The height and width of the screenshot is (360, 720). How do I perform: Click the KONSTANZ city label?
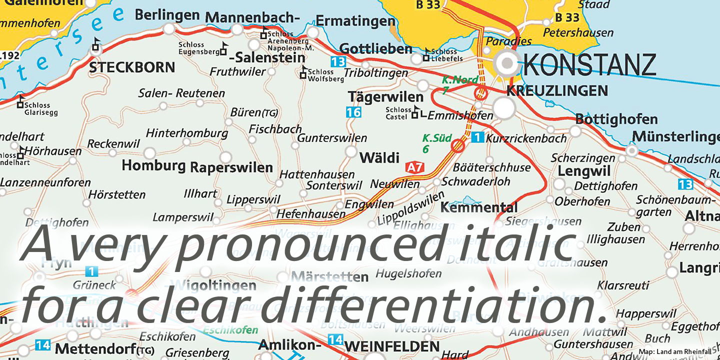(589, 65)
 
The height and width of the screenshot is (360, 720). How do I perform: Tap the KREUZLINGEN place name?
(557, 90)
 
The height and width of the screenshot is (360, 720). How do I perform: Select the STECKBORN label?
(132, 67)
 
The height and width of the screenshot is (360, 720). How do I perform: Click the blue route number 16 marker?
(353, 112)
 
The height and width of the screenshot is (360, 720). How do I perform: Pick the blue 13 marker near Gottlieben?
(338, 62)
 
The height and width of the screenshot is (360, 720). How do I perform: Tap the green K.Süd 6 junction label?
(436, 143)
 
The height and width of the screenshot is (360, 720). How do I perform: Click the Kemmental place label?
(478, 207)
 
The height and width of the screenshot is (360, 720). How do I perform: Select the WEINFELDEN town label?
(392, 346)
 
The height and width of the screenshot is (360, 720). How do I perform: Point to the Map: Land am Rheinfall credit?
(674, 352)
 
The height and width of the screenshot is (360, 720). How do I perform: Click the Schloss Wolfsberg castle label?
(325, 75)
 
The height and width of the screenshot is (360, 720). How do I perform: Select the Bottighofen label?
(616, 119)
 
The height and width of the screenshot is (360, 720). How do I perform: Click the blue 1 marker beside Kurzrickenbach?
(478, 137)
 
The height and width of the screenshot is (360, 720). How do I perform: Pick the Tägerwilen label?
(385, 96)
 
